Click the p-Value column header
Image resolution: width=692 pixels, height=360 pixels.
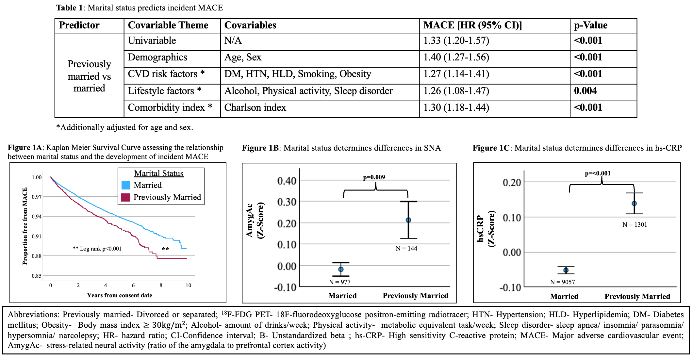click(590, 25)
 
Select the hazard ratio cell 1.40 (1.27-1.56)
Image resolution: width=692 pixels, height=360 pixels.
click(456, 57)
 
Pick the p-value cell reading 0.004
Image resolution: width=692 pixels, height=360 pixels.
click(585, 91)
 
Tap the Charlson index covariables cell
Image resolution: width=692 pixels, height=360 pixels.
click(255, 107)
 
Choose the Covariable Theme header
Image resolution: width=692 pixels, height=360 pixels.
click(168, 25)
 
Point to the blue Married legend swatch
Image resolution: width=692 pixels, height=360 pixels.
click(125, 185)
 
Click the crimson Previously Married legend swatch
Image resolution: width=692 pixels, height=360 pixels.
click(125, 197)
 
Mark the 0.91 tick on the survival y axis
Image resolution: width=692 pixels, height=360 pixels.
click(37, 236)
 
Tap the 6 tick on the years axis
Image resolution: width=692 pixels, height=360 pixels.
click(133, 285)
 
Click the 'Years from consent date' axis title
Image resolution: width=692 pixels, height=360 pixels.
click(120, 295)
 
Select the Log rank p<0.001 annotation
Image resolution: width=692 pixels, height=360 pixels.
click(97, 249)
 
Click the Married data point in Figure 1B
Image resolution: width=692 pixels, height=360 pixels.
click(341, 270)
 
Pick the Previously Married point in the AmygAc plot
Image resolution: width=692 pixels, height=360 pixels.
click(408, 220)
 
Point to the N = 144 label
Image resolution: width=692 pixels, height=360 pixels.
click(406, 249)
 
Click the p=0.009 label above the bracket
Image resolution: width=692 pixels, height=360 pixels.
click(374, 177)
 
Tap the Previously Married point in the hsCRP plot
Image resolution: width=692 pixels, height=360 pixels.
click(634, 204)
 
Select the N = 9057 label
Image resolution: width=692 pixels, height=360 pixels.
click(562, 282)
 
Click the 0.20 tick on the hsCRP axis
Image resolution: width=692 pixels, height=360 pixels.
click(512, 182)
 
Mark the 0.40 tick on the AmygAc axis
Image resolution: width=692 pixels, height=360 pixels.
click(287, 181)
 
